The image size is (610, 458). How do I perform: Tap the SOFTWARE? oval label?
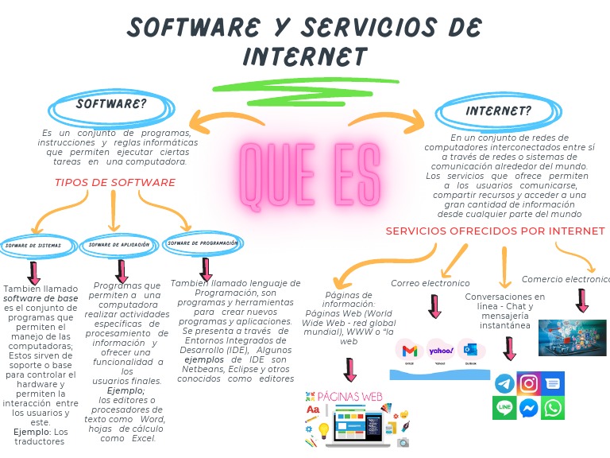click(111, 105)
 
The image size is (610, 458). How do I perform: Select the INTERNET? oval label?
click(498, 111)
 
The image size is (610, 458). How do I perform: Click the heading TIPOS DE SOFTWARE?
click(114, 183)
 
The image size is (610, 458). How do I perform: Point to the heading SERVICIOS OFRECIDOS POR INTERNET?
click(495, 231)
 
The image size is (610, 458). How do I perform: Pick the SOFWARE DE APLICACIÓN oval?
click(119, 245)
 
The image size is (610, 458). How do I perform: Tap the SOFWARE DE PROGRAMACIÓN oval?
click(203, 243)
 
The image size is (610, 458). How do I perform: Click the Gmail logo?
click(410, 350)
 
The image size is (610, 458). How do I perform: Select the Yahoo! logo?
click(440, 350)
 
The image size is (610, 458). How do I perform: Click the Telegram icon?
click(504, 384)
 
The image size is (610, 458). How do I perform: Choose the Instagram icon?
click(528, 383)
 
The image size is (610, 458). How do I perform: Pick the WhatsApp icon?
click(553, 409)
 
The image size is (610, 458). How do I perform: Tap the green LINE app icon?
click(504, 409)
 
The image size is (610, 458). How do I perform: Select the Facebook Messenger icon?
click(528, 409)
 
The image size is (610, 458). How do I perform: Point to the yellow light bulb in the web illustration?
click(323, 430)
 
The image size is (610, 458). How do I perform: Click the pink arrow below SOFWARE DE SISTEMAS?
click(33, 274)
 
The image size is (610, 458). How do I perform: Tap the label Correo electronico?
click(430, 283)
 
